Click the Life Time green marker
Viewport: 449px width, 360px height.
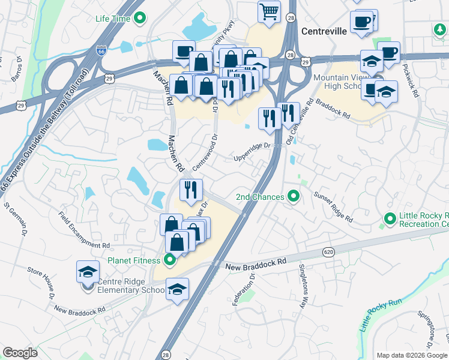click(x=140, y=19)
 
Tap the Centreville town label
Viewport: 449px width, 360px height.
click(x=324, y=31)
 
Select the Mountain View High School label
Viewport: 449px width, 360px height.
click(x=339, y=83)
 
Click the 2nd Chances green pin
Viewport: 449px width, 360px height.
click(x=294, y=196)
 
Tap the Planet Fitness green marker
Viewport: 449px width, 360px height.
click(x=169, y=260)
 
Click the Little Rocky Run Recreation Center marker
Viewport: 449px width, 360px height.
click(x=388, y=220)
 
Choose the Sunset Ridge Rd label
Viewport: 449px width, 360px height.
click(x=334, y=207)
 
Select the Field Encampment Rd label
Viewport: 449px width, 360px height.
click(x=84, y=230)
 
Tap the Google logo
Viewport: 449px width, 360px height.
click(x=20, y=353)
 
